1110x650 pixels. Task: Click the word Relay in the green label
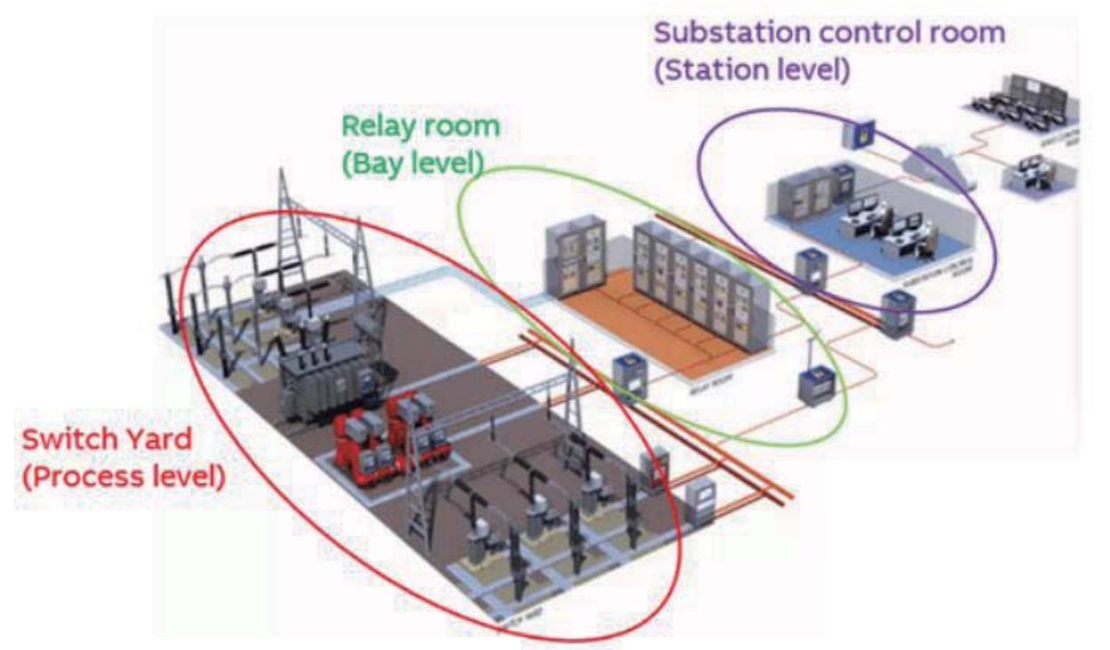(x=379, y=126)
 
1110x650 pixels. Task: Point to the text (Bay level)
(x=414, y=163)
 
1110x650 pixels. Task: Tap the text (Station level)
(x=751, y=70)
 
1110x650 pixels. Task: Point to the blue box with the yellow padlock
(x=859, y=133)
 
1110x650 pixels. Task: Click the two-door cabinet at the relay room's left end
(x=572, y=258)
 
